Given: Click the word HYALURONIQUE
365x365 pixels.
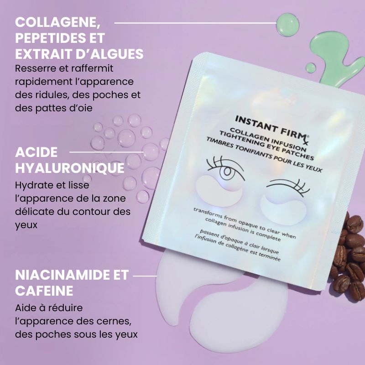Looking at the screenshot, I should [x=69, y=168].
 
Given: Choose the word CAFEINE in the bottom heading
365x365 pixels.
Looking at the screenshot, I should [x=44, y=291].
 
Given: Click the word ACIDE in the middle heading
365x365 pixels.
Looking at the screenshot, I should [x=36, y=152].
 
